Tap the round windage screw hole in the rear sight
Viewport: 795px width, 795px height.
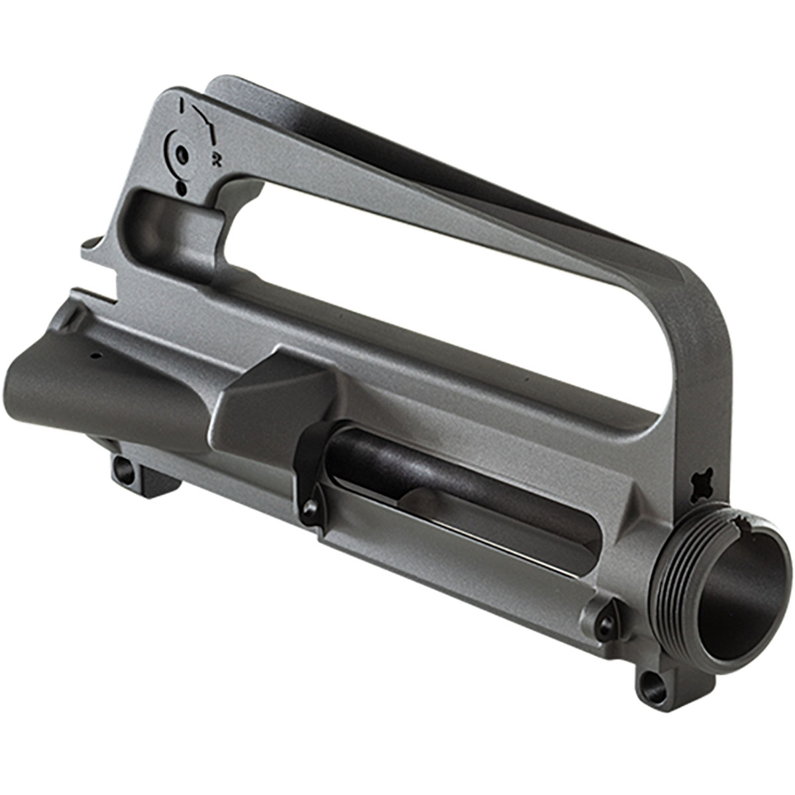click(183, 156)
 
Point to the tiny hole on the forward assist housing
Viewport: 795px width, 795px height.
click(95, 356)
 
